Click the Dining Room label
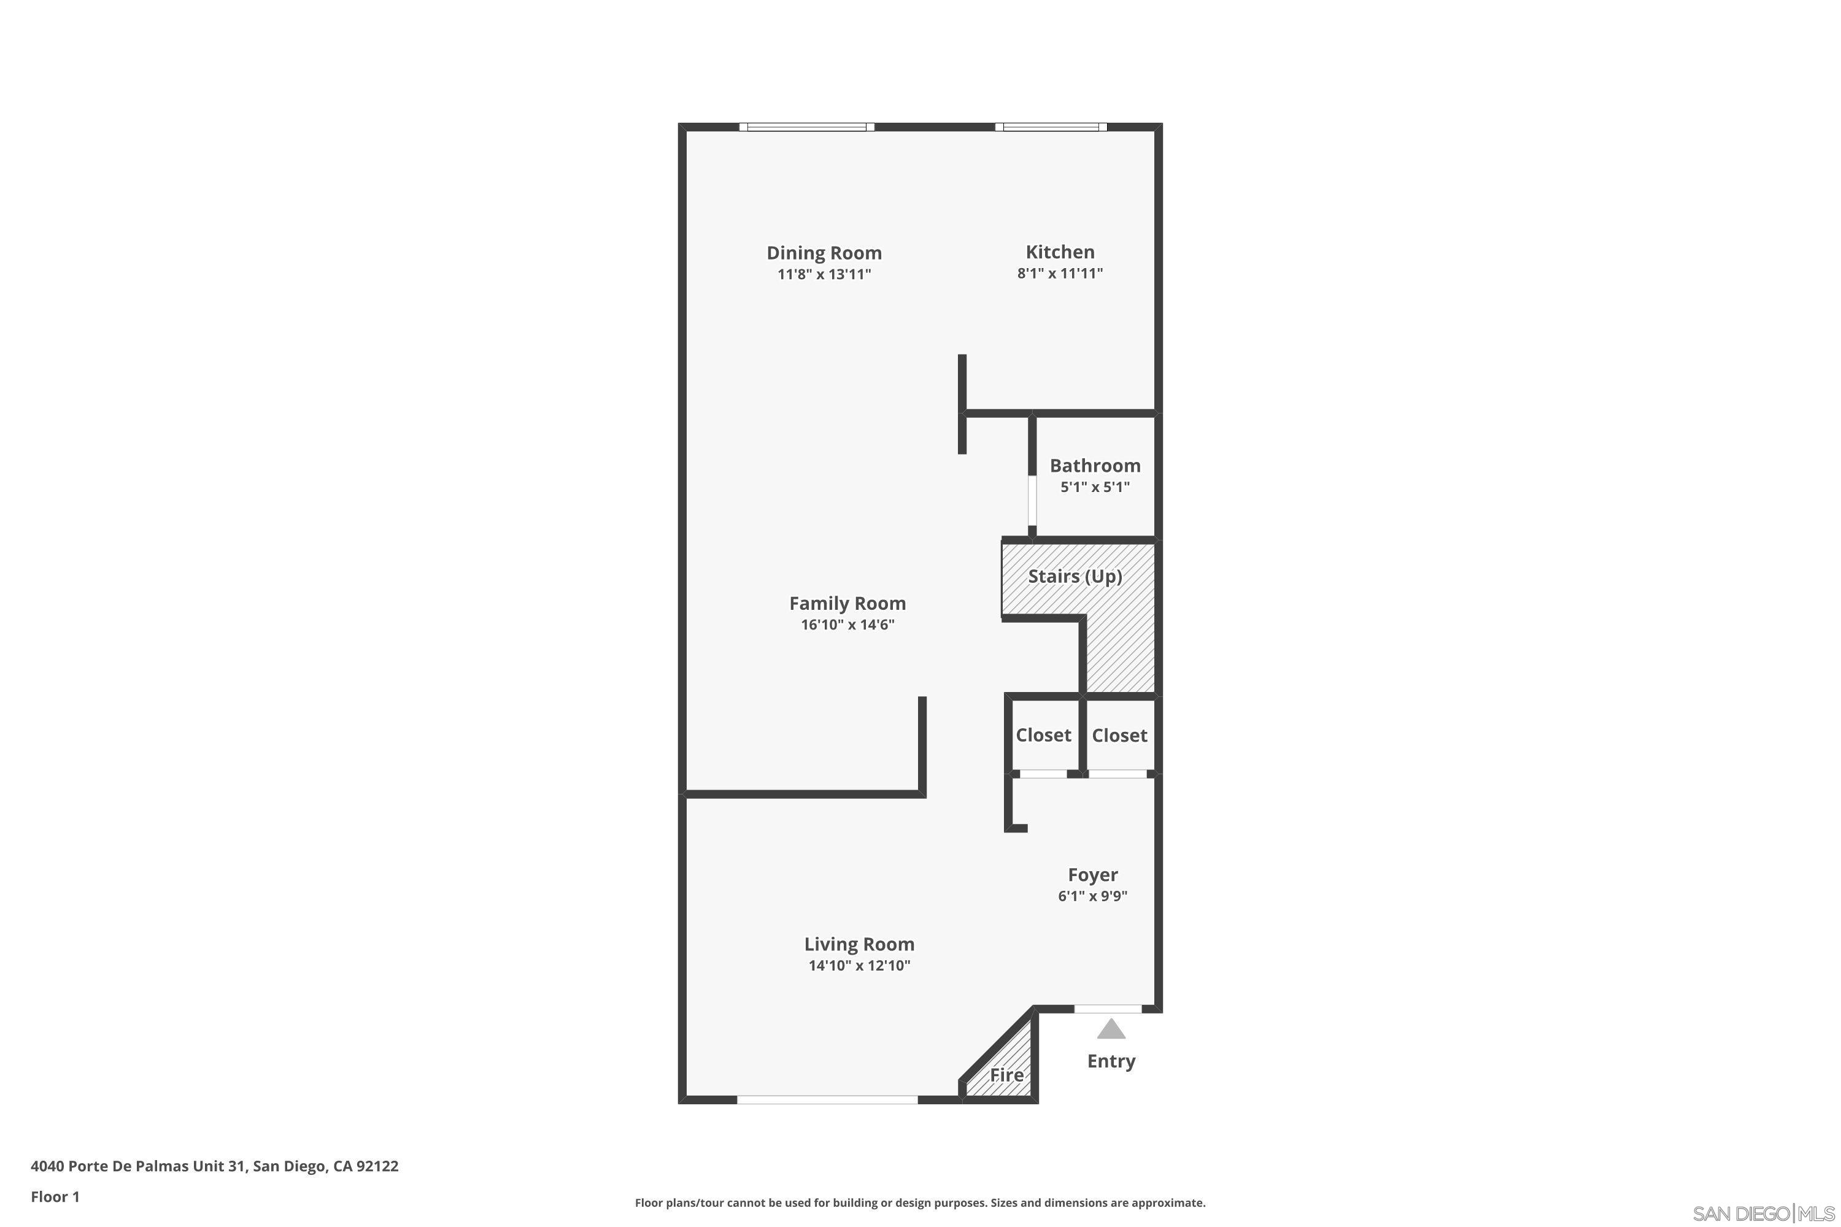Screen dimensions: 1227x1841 [824, 253]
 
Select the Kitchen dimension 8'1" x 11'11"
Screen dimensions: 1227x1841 [1060, 273]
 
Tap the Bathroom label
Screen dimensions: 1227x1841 [1094, 466]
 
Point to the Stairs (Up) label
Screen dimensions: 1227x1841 [1075, 577]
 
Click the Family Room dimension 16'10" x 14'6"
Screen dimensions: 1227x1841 [847, 625]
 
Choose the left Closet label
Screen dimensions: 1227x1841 [1043, 735]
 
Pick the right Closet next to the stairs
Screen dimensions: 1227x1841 [1119, 736]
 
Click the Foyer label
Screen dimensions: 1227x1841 [1093, 875]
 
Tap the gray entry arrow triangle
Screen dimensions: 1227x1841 [1111, 1030]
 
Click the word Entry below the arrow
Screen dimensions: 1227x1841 [1111, 1061]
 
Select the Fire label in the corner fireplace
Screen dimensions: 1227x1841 [1006, 1075]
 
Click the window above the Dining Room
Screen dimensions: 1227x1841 [806, 127]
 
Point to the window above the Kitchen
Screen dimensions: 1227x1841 [1051, 127]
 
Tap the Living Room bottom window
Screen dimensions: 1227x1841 [827, 1099]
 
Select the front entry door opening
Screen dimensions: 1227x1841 [1108, 1009]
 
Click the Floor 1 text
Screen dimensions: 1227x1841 [55, 1196]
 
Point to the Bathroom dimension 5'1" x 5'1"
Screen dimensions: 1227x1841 [1094, 487]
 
